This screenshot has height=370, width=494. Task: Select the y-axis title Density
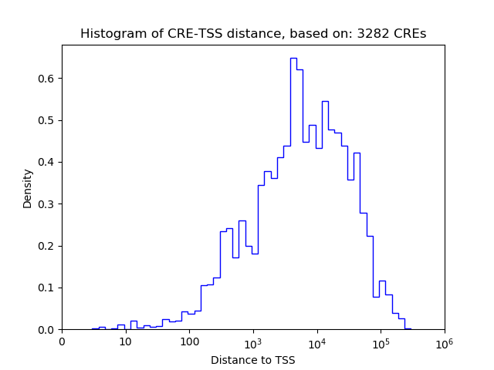28,188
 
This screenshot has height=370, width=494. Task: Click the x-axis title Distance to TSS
252,360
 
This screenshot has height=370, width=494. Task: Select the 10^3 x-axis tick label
253,341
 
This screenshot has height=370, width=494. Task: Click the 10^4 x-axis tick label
317,341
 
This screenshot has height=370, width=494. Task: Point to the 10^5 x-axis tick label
381,341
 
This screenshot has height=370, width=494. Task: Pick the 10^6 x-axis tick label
445,341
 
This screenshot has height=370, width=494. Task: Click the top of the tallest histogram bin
293,58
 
